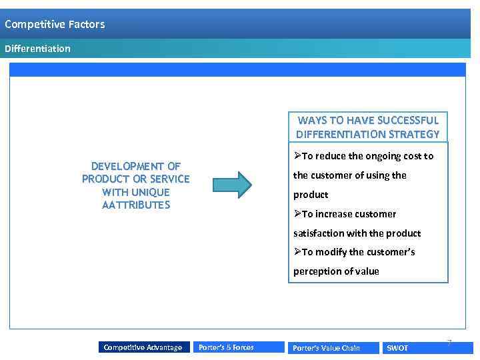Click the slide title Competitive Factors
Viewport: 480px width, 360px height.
[55, 25]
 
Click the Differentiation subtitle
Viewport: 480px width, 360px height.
[37, 49]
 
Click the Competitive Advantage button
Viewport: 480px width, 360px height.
[143, 347]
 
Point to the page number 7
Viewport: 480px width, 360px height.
[449, 343]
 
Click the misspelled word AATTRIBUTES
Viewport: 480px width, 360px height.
[136, 205]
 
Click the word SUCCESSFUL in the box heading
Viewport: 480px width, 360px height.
[407, 121]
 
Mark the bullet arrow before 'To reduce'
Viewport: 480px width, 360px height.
[297, 156]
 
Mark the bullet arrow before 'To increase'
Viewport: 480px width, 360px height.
[297, 214]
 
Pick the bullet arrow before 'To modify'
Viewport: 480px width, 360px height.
[297, 252]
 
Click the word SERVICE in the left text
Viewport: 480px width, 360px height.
[169, 179]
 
